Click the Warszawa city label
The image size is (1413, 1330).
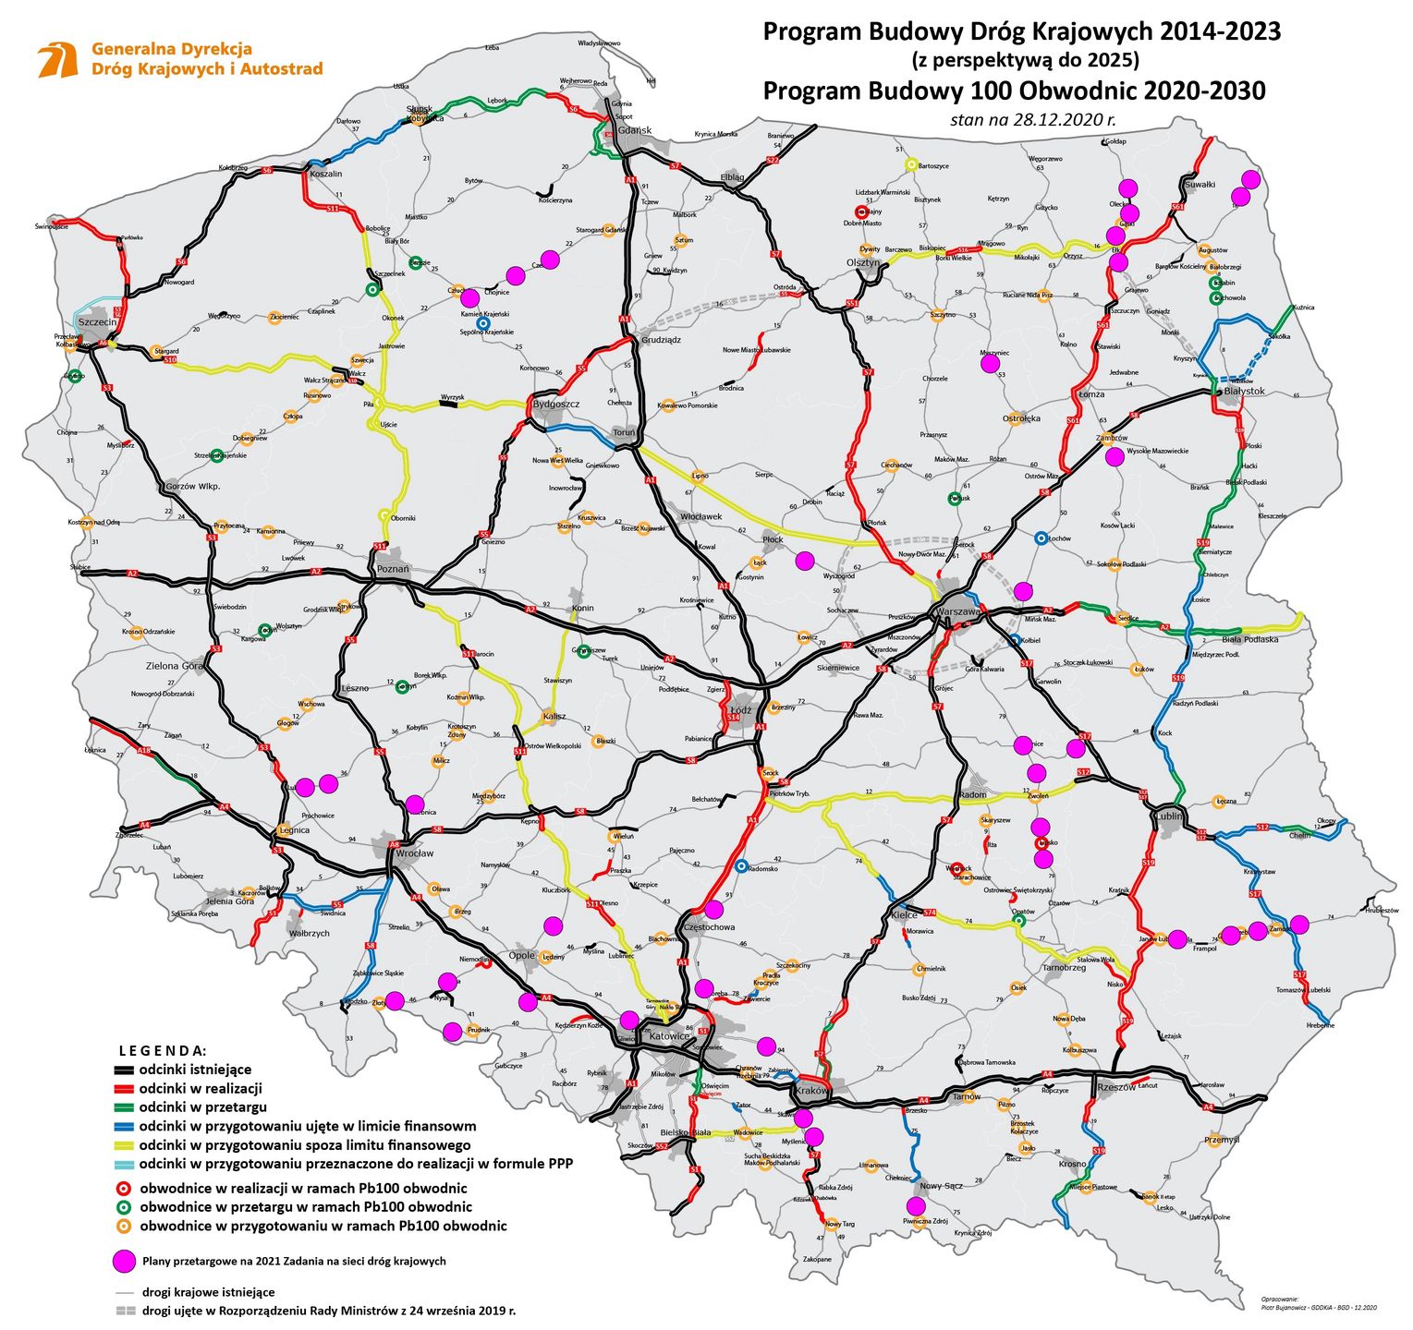957,611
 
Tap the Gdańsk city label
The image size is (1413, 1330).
635,130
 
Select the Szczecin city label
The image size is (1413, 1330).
98,321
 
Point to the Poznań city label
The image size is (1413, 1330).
393,569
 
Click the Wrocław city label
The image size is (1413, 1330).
414,853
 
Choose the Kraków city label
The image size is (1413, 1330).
811,1091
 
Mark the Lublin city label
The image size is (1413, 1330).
1168,816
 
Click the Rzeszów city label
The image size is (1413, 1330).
1116,1087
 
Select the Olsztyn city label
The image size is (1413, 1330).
863,262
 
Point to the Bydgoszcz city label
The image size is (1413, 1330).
556,404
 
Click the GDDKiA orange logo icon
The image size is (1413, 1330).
57,59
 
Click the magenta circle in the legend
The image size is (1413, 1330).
124,1261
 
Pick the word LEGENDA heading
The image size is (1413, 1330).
163,1051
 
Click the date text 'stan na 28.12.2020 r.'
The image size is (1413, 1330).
1032,119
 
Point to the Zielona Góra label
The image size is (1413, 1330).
175,665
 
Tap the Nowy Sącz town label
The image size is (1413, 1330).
941,1185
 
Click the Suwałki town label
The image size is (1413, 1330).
1200,184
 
